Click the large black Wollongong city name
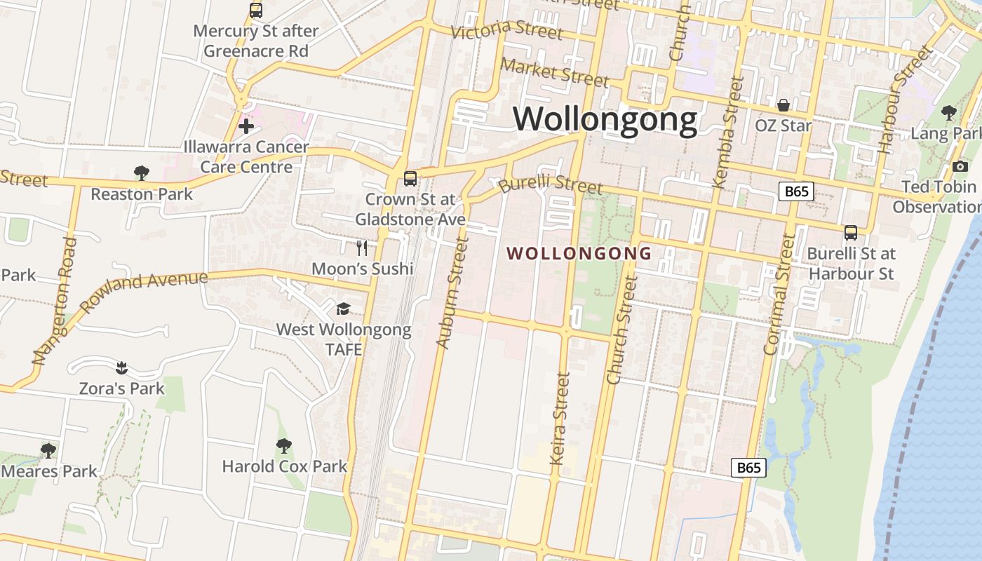[605, 119]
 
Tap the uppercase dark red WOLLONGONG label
[579, 253]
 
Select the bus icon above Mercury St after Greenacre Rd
[256, 11]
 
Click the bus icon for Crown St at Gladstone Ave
[410, 178]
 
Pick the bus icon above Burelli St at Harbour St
[851, 232]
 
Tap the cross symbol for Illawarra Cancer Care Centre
[246, 126]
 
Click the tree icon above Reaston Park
[142, 173]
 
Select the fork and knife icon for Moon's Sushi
[362, 248]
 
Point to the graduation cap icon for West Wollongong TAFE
[343, 309]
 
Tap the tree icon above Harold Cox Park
[284, 445]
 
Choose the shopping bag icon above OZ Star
[783, 105]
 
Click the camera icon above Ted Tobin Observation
[960, 166]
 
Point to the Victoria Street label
[506, 31]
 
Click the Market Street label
[554, 72]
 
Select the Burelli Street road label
[551, 184]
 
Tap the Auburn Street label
[452, 292]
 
